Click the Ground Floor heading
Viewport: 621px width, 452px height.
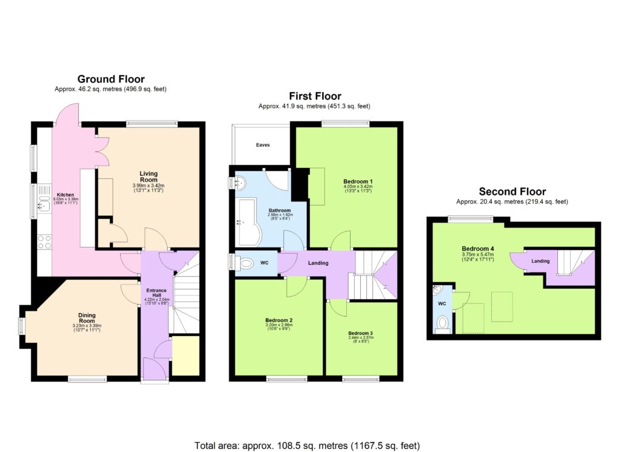pyautogui.click(x=110, y=79)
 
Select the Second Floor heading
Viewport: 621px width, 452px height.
pyautogui.click(x=512, y=192)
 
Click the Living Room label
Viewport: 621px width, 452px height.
pyautogui.click(x=149, y=177)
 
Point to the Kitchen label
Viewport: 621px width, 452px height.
pyautogui.click(x=65, y=195)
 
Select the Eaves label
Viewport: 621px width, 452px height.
pyautogui.click(x=263, y=146)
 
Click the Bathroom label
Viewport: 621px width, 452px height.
pyautogui.click(x=280, y=211)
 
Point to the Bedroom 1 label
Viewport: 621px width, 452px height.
pyautogui.click(x=358, y=181)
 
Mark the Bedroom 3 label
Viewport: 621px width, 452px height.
pyautogui.click(x=360, y=333)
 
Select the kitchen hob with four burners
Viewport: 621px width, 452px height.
pyautogui.click(x=44, y=242)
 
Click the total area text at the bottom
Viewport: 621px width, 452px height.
pyautogui.click(x=307, y=445)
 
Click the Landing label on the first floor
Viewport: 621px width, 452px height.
pyautogui.click(x=318, y=263)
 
